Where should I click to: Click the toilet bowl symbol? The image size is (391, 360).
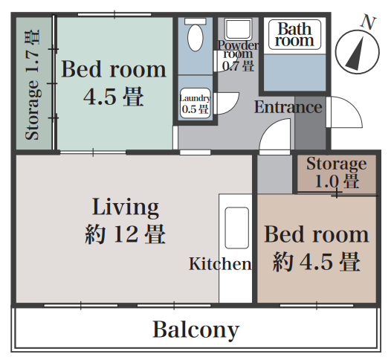(x=195, y=38)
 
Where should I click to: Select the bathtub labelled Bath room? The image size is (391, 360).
(x=294, y=34)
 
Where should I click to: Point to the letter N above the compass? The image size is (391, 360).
(x=368, y=22)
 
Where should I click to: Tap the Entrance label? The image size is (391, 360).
(x=288, y=107)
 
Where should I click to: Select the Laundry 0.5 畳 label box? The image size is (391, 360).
(x=195, y=103)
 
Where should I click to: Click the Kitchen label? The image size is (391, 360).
(x=220, y=264)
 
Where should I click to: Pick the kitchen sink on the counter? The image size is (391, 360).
(x=237, y=228)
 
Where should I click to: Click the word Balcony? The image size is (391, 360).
(x=196, y=330)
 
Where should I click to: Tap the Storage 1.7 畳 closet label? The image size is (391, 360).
(x=33, y=85)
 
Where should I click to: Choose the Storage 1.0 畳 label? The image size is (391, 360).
(x=337, y=172)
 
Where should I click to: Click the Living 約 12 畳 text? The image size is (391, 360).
(x=125, y=220)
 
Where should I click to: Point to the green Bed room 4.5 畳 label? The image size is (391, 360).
(x=114, y=83)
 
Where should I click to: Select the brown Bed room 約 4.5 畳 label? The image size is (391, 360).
(x=317, y=248)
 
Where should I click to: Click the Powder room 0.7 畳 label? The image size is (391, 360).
(x=238, y=56)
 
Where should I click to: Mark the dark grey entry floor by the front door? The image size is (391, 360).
(x=310, y=123)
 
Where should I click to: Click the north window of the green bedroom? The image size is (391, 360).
(x=114, y=14)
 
